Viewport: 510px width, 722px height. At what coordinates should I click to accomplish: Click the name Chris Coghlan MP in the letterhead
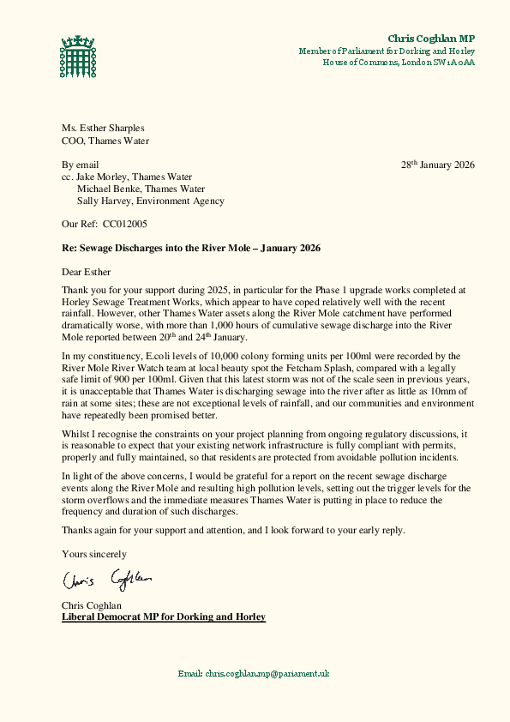pos(430,39)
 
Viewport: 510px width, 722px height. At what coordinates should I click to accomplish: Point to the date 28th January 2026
pos(438,165)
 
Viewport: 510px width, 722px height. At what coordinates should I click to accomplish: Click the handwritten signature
pos(107,581)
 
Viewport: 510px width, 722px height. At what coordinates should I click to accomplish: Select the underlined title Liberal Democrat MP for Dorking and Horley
pos(164,617)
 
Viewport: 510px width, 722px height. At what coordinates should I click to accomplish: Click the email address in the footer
pos(254,674)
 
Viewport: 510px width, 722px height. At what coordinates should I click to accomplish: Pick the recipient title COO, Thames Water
pos(105,141)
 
